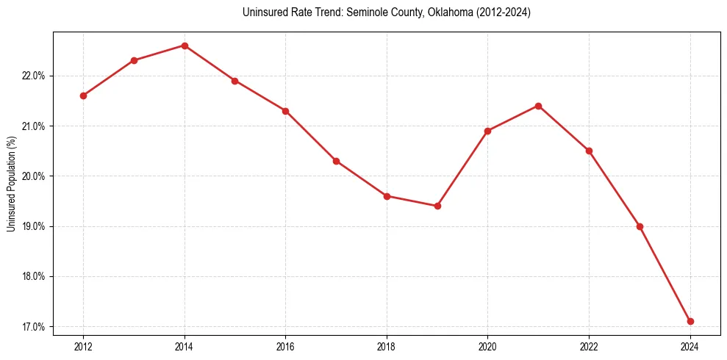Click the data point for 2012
83,96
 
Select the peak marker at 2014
185,46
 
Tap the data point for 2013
134,60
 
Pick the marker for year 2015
235,81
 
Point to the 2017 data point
336,161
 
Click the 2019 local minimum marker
437,206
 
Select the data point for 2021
538,106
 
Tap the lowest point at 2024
690,321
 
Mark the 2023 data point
640,226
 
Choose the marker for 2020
488,131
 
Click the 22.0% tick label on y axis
35,76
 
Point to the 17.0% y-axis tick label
35,326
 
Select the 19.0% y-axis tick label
35,226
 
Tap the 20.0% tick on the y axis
35,176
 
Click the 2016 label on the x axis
285,346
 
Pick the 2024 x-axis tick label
690,346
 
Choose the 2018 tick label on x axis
387,346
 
